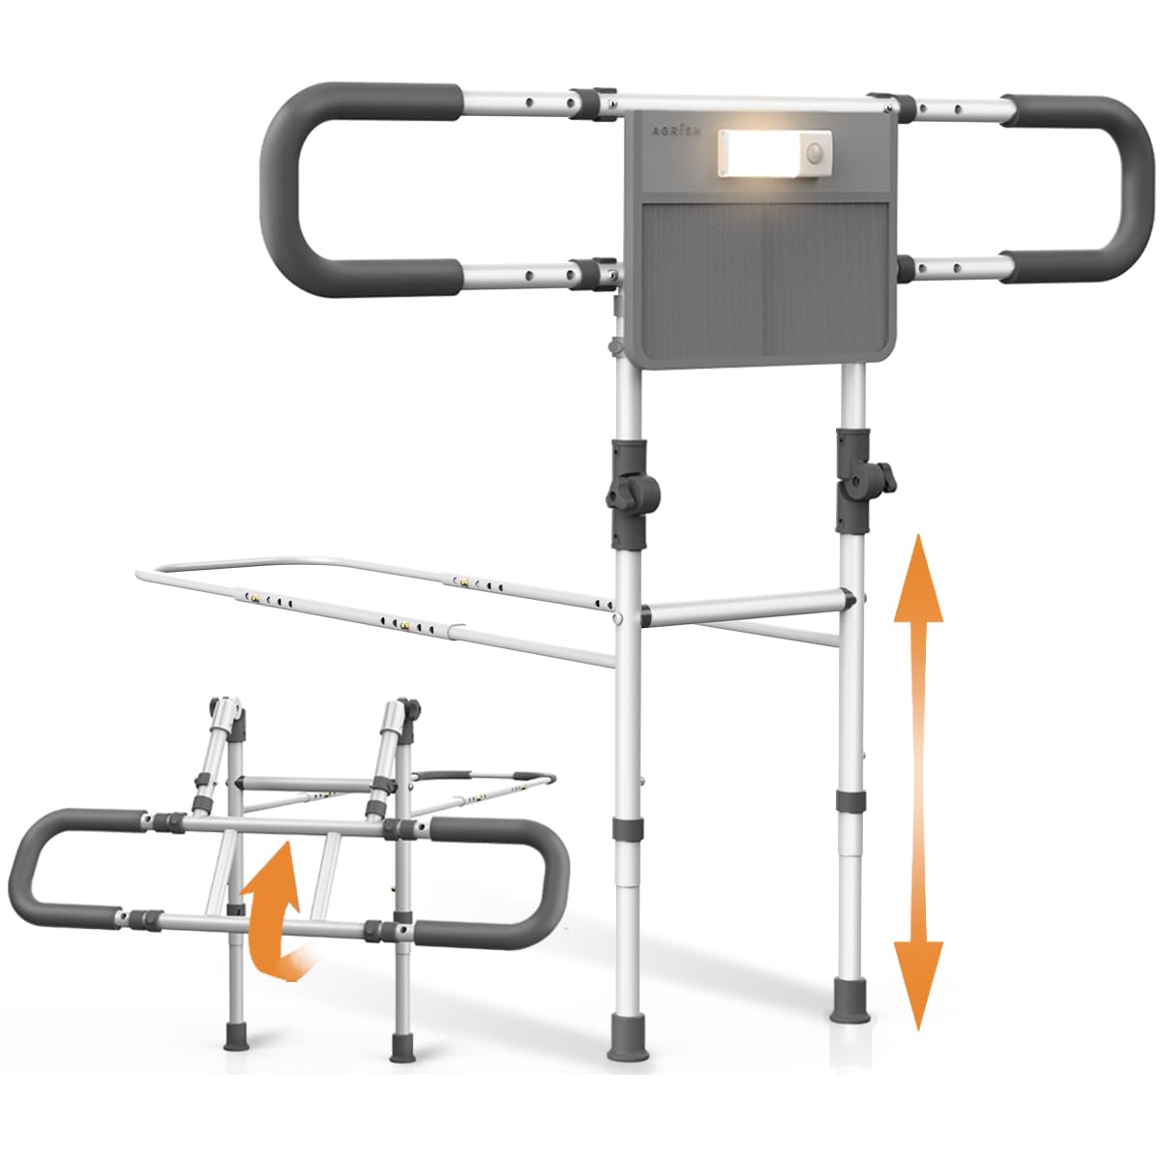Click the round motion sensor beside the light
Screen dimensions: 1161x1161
(816, 151)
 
